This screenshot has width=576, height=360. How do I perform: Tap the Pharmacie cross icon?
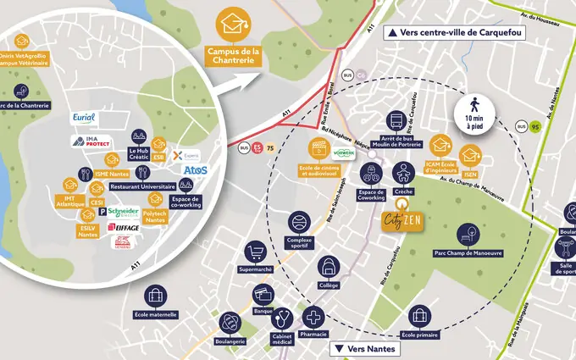314,318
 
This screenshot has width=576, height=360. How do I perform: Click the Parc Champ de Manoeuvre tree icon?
468,234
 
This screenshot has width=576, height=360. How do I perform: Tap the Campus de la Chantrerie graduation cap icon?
232,25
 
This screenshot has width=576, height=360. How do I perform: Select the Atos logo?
195,170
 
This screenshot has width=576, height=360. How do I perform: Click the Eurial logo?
85,119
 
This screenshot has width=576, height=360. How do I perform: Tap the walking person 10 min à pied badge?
474,113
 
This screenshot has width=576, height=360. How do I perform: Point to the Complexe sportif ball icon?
299,224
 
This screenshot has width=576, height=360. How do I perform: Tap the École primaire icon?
419,318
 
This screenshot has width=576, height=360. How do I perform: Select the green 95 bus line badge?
535,128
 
